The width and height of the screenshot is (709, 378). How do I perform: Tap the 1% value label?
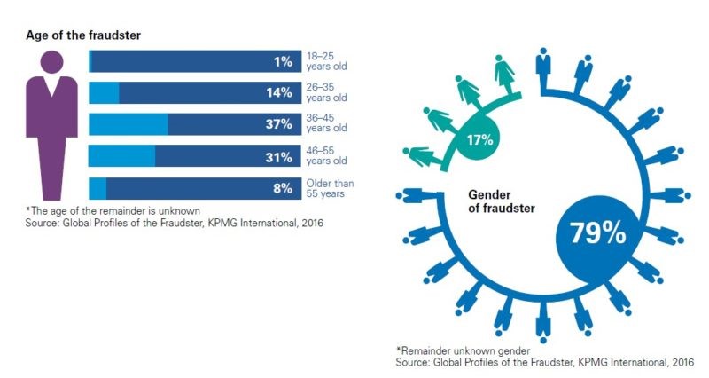282,61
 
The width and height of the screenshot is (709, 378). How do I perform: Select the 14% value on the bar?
279,93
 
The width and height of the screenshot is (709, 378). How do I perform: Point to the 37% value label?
278,125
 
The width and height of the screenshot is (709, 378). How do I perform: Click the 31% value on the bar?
278,158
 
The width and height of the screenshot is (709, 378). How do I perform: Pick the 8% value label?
281,189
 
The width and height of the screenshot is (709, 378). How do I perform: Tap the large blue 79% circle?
593,232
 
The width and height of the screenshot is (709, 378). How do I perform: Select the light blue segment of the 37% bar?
129,125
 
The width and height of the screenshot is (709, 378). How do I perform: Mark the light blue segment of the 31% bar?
122,158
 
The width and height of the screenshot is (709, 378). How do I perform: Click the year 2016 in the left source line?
308,224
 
